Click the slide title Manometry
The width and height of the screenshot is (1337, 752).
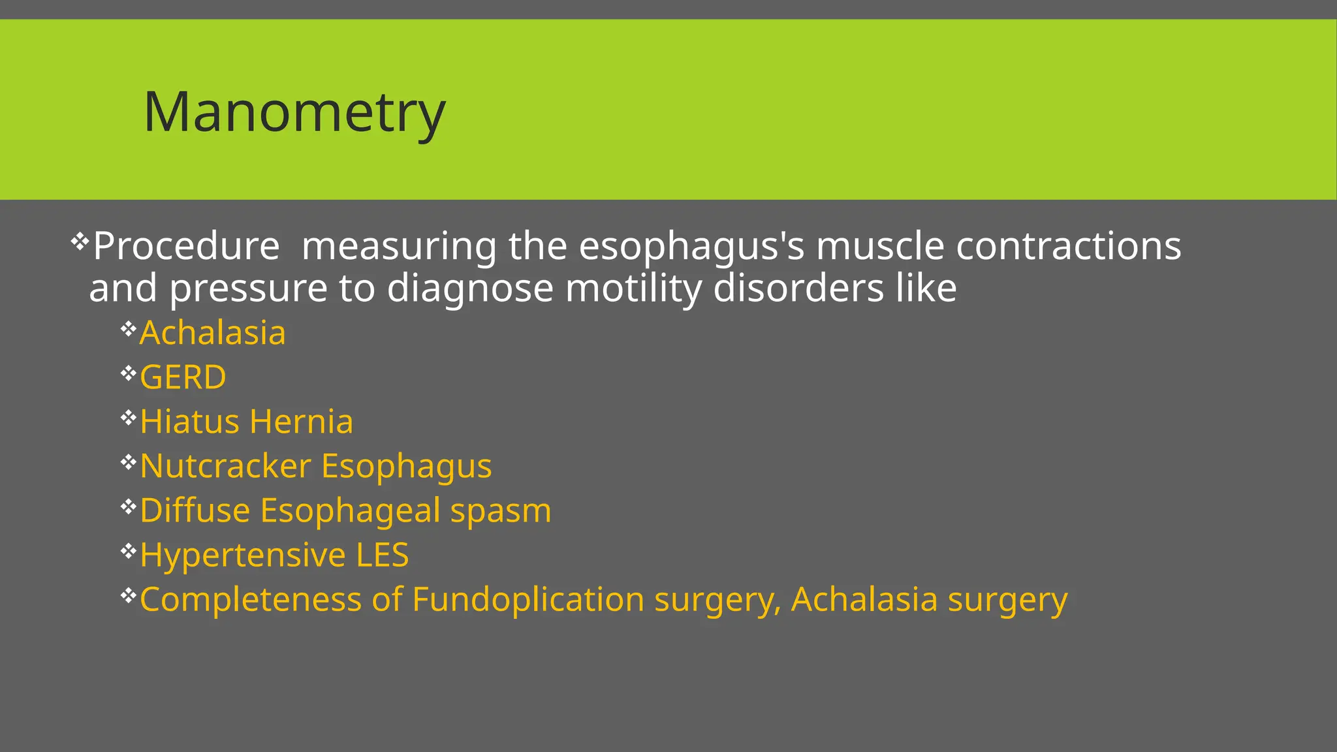click(294, 112)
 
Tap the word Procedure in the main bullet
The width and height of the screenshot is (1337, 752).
click(186, 246)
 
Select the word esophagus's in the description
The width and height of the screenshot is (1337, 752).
click(691, 246)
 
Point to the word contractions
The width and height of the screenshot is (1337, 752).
click(1068, 246)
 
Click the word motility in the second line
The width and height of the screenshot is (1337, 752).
click(633, 288)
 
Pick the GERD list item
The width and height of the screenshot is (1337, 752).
click(183, 377)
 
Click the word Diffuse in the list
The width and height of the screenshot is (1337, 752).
click(195, 510)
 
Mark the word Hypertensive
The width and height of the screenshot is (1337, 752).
click(243, 555)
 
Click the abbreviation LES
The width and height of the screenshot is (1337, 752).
click(382, 555)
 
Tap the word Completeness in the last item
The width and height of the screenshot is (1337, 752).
click(251, 599)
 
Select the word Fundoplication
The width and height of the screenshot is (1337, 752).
click(528, 599)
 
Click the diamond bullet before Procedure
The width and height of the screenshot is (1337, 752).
click(79, 242)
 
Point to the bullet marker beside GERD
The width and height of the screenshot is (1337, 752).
click(128, 373)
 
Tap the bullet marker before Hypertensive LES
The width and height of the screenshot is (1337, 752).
click(128, 551)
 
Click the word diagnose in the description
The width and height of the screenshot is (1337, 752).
click(470, 288)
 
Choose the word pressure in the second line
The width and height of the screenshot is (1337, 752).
click(248, 288)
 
